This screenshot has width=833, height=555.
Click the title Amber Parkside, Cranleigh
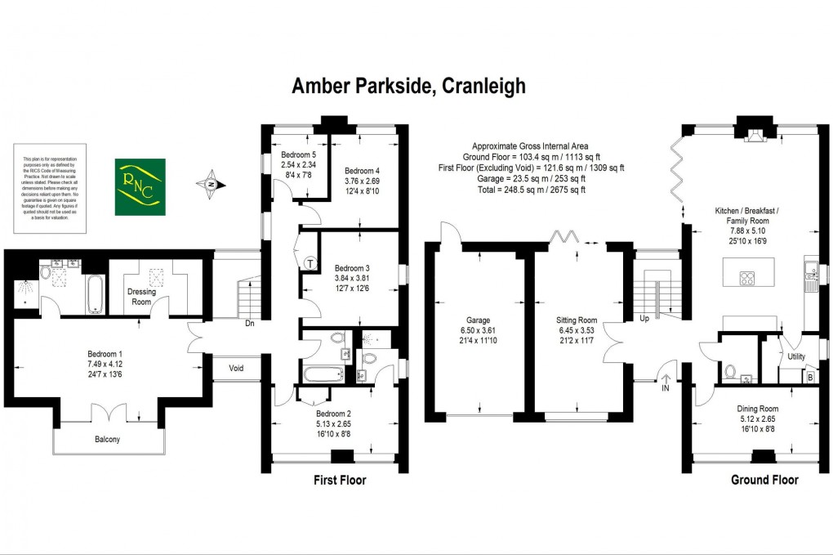tap(408, 86)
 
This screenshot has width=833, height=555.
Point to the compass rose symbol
tap(211, 186)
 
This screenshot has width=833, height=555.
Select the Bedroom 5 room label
tap(299, 154)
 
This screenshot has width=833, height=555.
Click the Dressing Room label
tap(141, 296)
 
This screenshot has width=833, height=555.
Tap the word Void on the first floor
tap(237, 368)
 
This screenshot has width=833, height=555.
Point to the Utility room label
tap(796, 356)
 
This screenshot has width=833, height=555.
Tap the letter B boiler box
tap(809, 378)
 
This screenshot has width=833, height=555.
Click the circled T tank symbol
tap(310, 262)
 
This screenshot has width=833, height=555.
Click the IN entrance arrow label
tap(666, 388)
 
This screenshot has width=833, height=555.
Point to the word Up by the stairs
tap(644, 318)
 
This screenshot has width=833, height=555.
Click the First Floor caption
tap(340, 481)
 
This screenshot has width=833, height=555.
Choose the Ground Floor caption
tap(764, 480)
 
